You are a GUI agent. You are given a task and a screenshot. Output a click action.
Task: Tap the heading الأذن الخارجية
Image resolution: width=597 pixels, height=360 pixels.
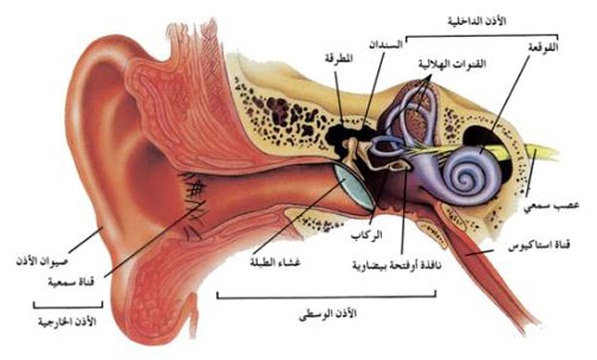[53, 321]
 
